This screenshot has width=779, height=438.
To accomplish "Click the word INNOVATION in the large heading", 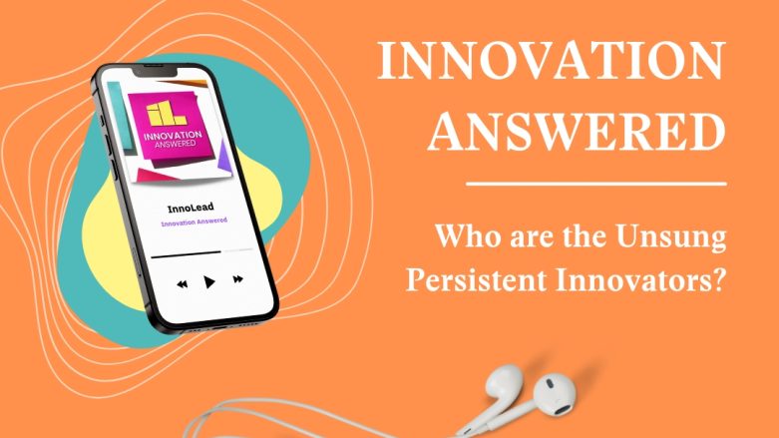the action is tap(552, 60).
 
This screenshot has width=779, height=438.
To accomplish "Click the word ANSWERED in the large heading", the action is tap(577, 131).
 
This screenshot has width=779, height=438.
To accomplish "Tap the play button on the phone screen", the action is tap(209, 282).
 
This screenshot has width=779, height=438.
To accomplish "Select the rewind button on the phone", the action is tap(183, 284).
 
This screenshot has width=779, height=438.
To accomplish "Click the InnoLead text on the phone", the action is tap(191, 208).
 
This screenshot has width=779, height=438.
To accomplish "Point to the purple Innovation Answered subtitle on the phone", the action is tap(194, 221).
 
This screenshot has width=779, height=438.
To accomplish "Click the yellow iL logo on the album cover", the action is tap(166, 114).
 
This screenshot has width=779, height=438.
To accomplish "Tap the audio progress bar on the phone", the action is tap(201, 253).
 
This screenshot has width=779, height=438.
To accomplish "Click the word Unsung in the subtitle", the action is tap(670, 237).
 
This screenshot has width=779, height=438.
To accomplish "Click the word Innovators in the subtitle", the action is tap(629, 279).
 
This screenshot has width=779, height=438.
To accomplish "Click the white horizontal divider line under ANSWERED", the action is tap(596, 184).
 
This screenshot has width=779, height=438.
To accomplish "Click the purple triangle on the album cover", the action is tap(224, 158).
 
